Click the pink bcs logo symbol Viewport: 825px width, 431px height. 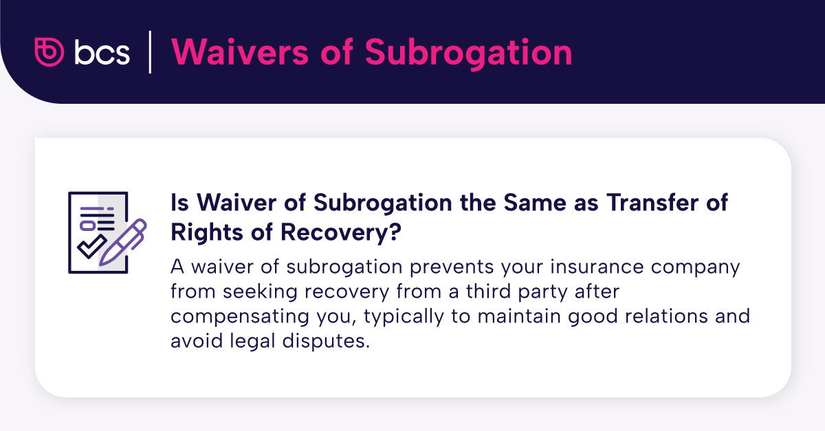click(x=49, y=52)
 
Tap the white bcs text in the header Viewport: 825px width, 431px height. click(x=101, y=53)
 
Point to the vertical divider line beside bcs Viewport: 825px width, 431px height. click(x=150, y=52)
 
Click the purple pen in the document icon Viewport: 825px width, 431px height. click(x=124, y=241)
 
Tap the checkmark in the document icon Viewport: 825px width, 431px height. click(x=89, y=246)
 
